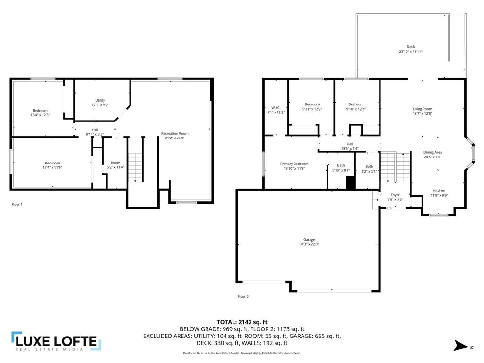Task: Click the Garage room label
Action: point(309,240)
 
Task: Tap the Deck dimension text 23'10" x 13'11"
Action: point(410,52)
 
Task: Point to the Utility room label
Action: point(100,100)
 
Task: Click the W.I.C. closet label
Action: point(276,108)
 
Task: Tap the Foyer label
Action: point(395,195)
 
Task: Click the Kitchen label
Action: point(439,190)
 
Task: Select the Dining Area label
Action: point(432,152)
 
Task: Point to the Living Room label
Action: point(422,109)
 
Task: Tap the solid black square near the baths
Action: point(351,183)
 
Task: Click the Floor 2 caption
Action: point(243,297)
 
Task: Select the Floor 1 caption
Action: point(17,204)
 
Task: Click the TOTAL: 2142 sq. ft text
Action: point(242,321)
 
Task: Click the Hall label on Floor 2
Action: point(350,144)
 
